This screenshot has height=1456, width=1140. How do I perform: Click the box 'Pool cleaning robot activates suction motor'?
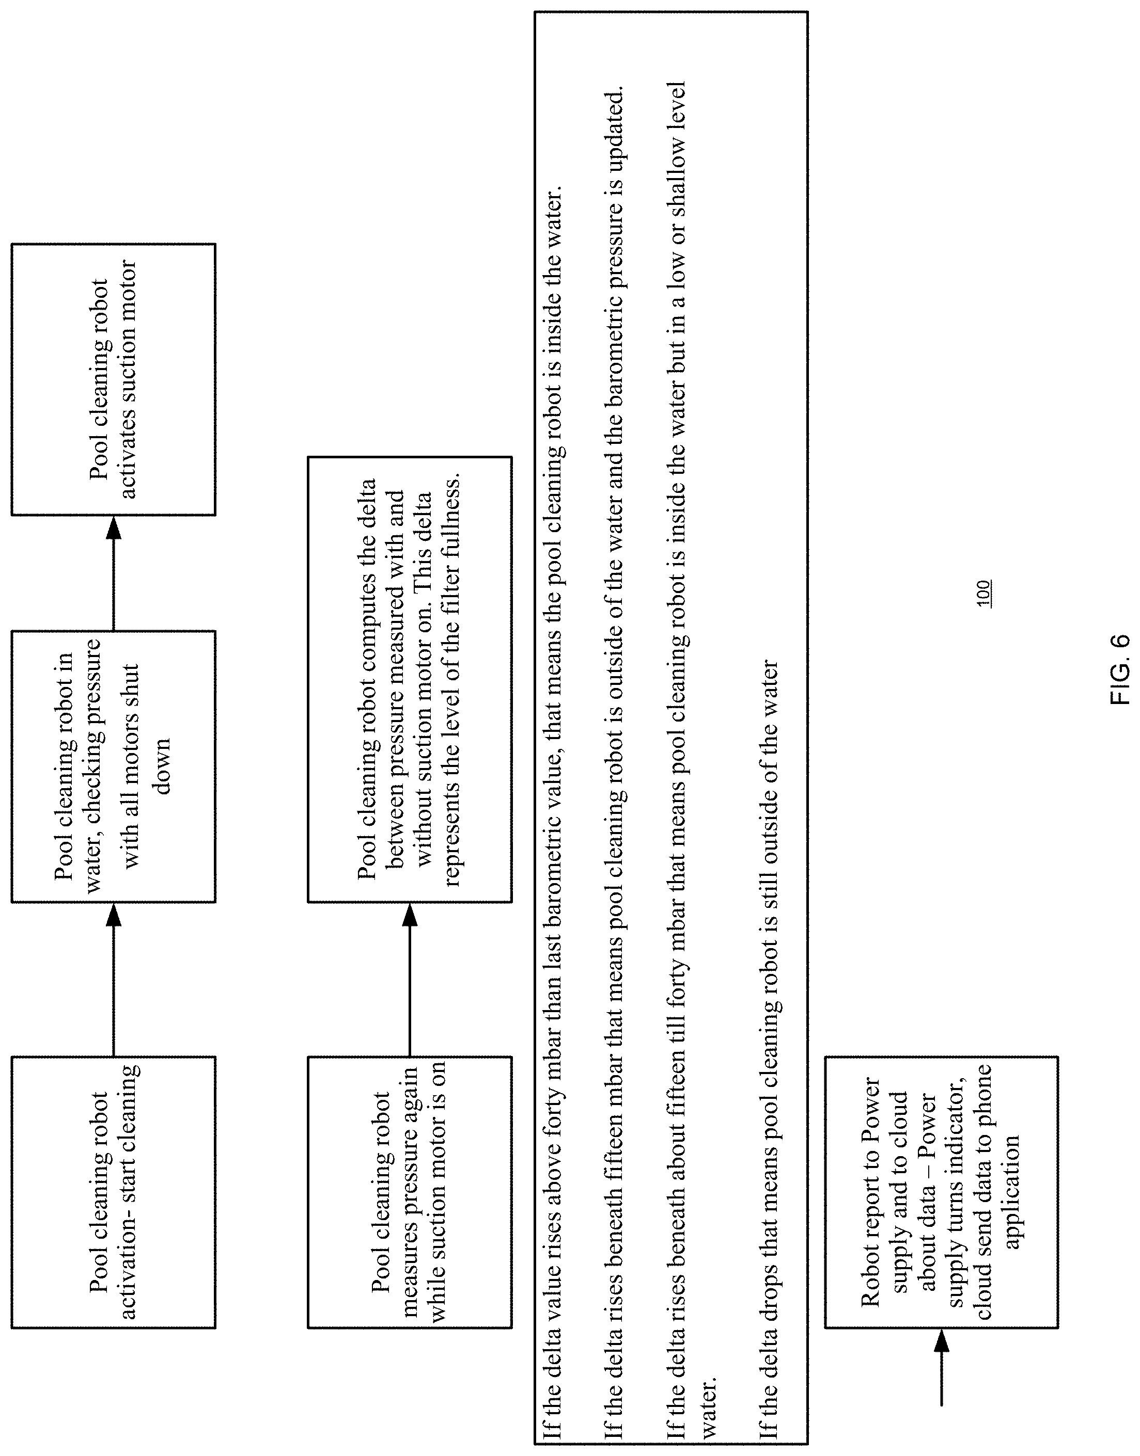114,379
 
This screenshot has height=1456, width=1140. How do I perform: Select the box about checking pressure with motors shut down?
114,766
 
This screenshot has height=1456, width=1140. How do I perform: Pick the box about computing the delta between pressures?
409,680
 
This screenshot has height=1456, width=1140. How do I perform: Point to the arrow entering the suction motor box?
114,573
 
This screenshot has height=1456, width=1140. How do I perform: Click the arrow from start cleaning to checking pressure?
114,979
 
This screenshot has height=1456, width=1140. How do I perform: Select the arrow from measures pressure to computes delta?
409,979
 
